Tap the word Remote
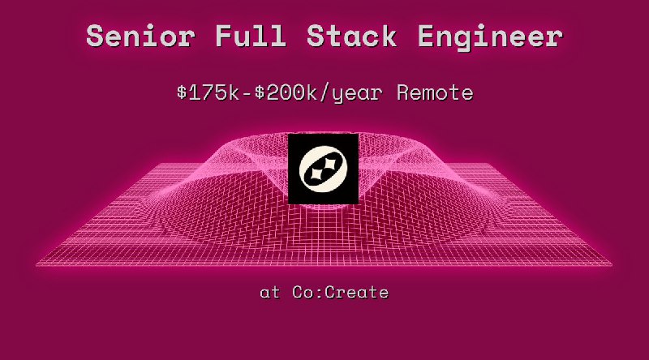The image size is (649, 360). [x=435, y=92]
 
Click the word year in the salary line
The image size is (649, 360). [x=359, y=92]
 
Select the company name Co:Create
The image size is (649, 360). [x=341, y=292]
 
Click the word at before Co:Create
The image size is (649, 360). [x=269, y=292]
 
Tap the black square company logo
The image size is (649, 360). [x=324, y=169]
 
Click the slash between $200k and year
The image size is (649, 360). [x=330, y=92]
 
